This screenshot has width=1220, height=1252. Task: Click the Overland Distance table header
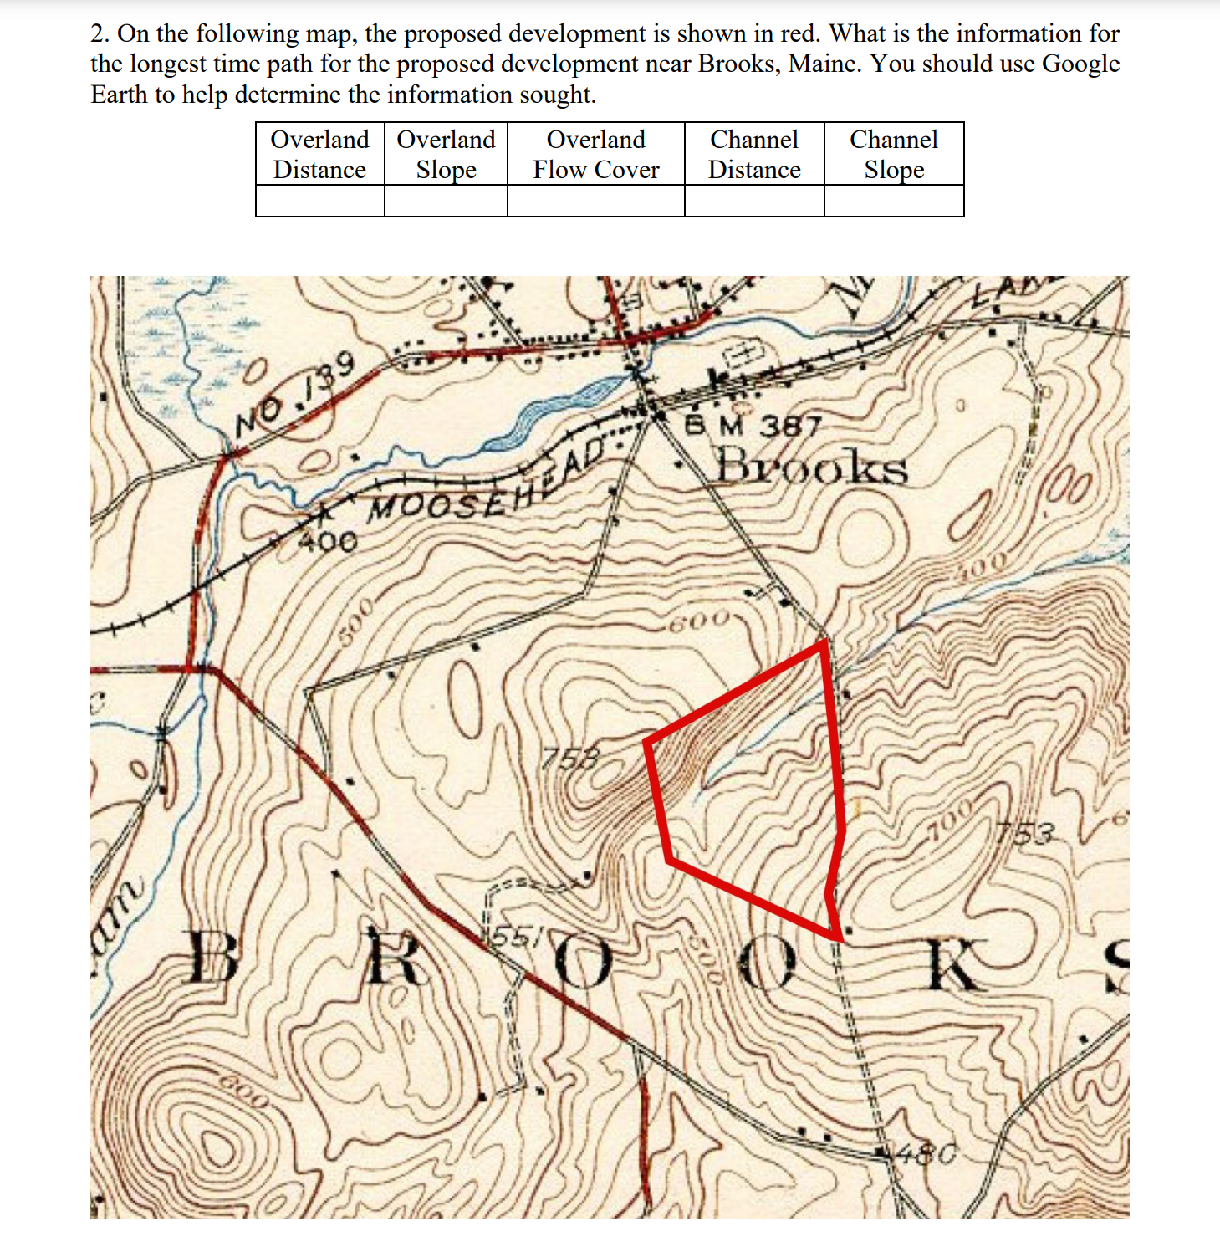tap(319, 154)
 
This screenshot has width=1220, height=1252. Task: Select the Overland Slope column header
tap(446, 154)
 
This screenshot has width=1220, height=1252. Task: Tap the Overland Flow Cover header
tap(595, 154)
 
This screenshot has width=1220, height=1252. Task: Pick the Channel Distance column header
tap(754, 154)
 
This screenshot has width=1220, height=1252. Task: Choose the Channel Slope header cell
tap(894, 154)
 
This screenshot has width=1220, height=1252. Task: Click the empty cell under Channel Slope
tap(894, 201)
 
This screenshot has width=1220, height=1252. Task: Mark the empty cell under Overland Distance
tap(319, 201)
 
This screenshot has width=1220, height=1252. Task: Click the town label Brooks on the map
tap(811, 466)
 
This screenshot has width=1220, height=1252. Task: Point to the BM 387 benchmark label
tap(753, 426)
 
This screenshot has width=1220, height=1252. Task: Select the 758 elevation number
tap(570, 759)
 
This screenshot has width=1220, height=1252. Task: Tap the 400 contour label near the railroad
tap(328, 542)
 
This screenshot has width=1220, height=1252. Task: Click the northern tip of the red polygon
tap(824, 642)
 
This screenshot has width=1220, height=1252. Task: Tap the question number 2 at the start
tap(99, 33)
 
